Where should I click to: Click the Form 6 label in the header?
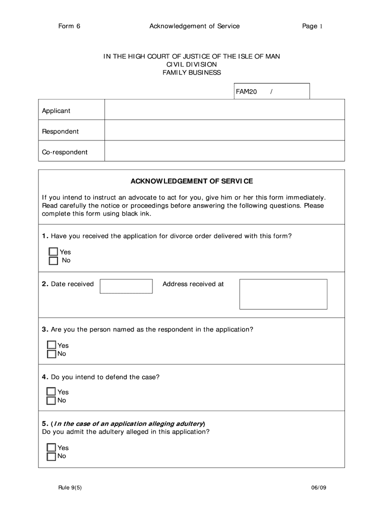pyautogui.click(x=69, y=26)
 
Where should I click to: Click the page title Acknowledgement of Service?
pyautogui.click(x=194, y=26)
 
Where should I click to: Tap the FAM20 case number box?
pyautogui.click(x=272, y=91)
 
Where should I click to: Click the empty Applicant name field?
pyautogui.click(x=224, y=110)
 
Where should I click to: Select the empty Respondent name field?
pyautogui.click(x=224, y=130)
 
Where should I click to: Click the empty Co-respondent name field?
pyautogui.click(x=224, y=151)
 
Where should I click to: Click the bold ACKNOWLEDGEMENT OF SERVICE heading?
pyautogui.click(x=191, y=181)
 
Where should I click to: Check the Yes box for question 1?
pyautogui.click(x=53, y=252)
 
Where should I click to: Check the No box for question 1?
pyautogui.click(x=53, y=260)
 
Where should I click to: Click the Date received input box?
pyautogui.click(x=126, y=286)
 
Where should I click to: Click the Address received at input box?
pyautogui.click(x=283, y=294)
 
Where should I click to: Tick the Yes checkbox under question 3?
pyautogui.click(x=51, y=345)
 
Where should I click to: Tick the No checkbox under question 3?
pyautogui.click(x=51, y=354)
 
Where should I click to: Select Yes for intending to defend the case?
pyautogui.click(x=51, y=392)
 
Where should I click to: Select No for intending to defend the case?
pyautogui.click(x=51, y=400)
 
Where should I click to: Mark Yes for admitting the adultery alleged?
pyautogui.click(x=51, y=447)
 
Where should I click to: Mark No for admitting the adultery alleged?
pyautogui.click(x=51, y=456)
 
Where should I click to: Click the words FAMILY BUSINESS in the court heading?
pyautogui.click(x=191, y=72)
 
